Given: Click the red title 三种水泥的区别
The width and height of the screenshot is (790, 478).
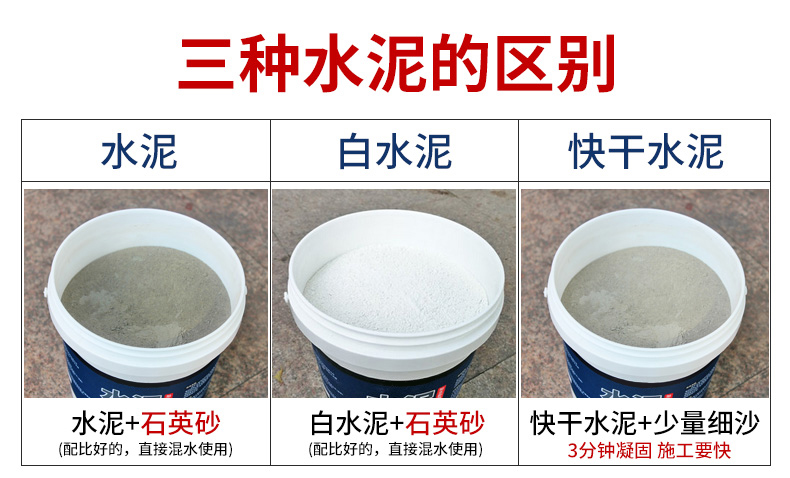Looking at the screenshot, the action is [397, 63].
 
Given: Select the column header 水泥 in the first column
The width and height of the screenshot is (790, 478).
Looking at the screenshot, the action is [139, 151].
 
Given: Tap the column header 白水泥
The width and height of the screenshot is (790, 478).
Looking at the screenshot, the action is [394, 151].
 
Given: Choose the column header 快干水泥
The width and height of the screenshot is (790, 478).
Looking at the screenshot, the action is [646, 151].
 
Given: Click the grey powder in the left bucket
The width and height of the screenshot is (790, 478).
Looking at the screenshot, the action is [146, 296].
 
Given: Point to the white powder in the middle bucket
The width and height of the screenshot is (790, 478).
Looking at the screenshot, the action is [396, 288].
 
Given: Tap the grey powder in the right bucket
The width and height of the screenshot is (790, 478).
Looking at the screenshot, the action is [646, 296].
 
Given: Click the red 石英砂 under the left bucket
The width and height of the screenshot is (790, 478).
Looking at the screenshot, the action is [180, 423].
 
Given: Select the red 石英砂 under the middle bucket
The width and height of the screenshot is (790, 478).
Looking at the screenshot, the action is [445, 423].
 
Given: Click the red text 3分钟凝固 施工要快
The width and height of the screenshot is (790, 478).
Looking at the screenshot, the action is [649, 450].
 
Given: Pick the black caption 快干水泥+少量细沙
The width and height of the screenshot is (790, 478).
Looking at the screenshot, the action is [645, 423].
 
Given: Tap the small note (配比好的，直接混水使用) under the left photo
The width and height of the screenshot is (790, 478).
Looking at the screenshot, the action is [146, 448].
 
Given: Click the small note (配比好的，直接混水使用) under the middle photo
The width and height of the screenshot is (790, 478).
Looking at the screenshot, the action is [396, 448].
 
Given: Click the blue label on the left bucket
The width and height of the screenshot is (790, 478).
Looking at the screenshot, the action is [141, 375].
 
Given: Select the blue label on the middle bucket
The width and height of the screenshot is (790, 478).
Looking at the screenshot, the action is [394, 375].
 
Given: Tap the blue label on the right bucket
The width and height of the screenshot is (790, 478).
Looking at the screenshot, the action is [641, 375].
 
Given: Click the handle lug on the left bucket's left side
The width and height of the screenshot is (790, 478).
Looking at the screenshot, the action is [46, 292].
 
